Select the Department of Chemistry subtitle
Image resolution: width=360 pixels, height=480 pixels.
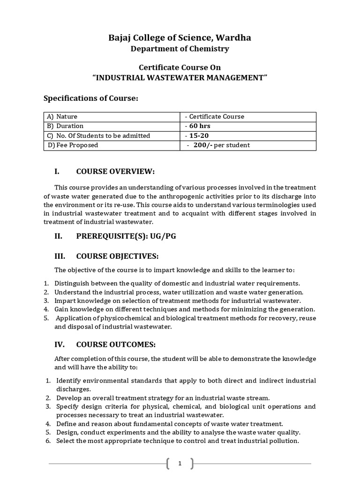pyautogui.click(x=180, y=49)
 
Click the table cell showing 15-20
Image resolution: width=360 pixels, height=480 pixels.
pyautogui.click(x=198, y=135)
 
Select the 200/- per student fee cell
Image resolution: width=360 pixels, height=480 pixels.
pyautogui.click(x=218, y=145)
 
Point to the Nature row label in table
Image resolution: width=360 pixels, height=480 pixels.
pyautogui.click(x=67, y=116)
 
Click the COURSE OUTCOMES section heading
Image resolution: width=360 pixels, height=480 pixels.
pyautogui.click(x=115, y=345)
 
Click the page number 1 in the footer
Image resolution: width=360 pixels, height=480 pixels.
pyautogui.click(x=180, y=464)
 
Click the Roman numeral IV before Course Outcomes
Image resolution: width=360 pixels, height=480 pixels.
pyautogui.click(x=60, y=345)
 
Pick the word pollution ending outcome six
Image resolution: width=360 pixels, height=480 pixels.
pyautogui.click(x=284, y=441)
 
